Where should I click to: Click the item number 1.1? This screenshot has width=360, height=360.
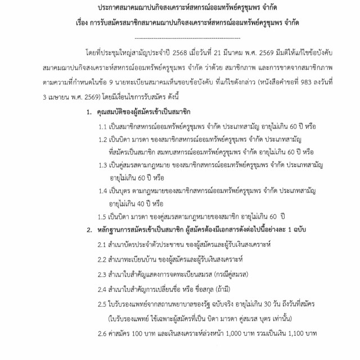[103, 128]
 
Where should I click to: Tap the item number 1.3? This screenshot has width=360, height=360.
[103, 165]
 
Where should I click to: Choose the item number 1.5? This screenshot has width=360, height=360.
[103, 217]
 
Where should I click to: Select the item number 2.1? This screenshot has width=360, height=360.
[103, 245]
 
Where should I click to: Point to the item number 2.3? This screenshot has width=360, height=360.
[103, 275]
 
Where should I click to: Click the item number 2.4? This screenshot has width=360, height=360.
[103, 290]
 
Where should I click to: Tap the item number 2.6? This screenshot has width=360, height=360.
[103, 334]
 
